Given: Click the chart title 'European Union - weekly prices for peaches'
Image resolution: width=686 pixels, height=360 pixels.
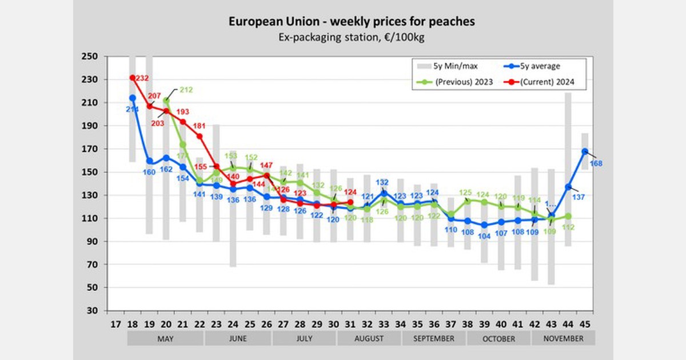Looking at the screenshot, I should coord(343,22).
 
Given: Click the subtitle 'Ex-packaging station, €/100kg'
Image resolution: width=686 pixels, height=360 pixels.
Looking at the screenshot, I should coord(343,37).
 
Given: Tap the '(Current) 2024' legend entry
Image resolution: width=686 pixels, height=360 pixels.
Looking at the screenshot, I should coord(544,82).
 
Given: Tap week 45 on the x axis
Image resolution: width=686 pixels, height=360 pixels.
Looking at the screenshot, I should coord(585,322).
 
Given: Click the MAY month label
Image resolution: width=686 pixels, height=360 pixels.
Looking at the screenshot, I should coord(165,338).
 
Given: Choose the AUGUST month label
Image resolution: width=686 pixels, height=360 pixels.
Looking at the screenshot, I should coord(369,338).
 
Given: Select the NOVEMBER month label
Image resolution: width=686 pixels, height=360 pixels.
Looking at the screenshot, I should coord(563,338).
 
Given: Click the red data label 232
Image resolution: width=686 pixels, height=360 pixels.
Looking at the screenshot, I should coord(142,78).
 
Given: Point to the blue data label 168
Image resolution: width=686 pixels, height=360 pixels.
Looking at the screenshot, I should coord(597,163).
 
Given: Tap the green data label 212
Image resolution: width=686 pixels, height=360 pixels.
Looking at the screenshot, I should coord(186,90).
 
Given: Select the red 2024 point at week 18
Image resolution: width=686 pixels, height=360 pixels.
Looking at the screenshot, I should coord(133,78).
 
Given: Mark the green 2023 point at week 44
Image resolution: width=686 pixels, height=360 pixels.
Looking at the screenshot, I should coord(568,216).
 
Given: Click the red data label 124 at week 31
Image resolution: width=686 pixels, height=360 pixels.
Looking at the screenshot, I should coord(350,192).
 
